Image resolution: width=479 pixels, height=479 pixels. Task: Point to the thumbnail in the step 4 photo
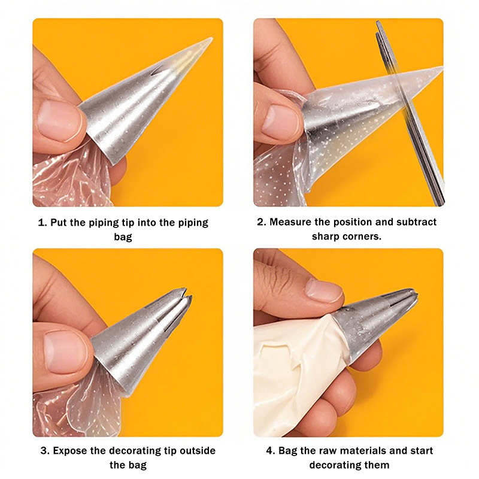point(324,288)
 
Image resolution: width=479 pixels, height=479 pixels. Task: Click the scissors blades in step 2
point(410,113)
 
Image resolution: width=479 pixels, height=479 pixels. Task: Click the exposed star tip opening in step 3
point(186,294)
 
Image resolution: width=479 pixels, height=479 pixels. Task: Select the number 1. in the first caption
point(43,222)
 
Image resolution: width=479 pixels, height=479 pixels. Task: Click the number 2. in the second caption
point(262,222)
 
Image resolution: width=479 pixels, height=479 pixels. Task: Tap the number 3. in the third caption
point(46,450)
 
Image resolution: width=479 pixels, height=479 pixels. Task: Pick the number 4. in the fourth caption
point(271,450)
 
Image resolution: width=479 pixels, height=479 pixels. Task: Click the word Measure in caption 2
point(290,222)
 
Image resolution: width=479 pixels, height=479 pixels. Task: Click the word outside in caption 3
point(198,450)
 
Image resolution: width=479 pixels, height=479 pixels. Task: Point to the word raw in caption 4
point(328,451)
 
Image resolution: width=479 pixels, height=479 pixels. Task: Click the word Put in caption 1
point(58,222)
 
